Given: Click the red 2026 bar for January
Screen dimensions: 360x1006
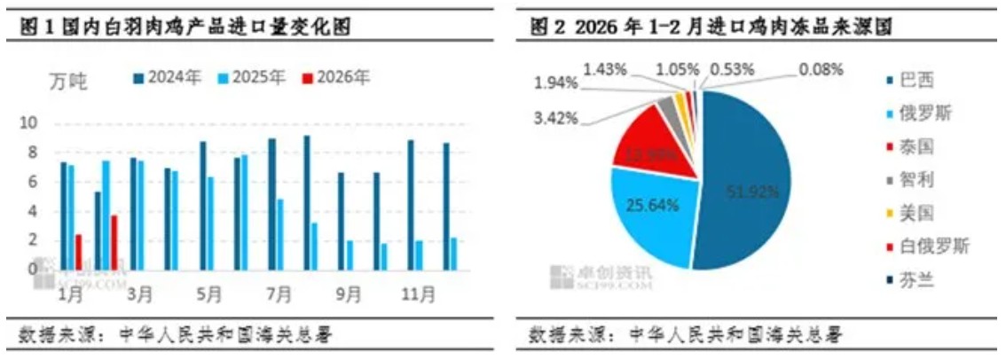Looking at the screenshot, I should (79, 252).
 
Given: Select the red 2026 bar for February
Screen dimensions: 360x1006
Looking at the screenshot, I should (114, 242).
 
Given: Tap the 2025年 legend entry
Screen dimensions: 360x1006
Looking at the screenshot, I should (256, 78).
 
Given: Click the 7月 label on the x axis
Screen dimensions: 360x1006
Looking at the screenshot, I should (276, 292).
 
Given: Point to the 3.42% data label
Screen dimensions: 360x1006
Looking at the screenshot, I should (557, 117).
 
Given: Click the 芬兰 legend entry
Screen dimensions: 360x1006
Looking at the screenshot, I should (928, 282).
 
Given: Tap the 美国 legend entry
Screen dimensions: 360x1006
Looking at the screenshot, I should (928, 213).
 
